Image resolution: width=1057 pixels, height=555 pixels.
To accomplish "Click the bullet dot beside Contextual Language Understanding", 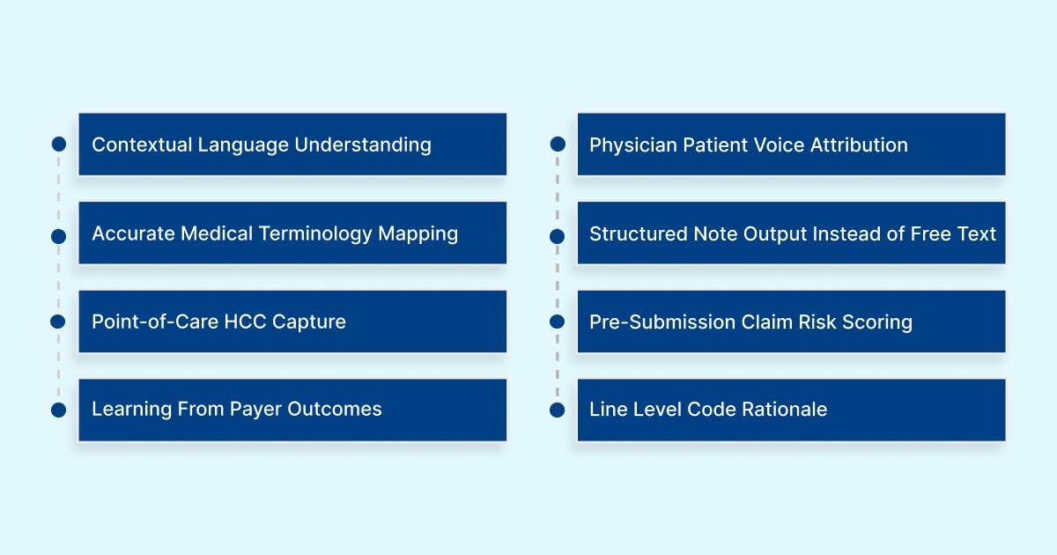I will pyautogui.click(x=59, y=144).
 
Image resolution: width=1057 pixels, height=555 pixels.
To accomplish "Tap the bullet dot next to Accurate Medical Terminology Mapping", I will pyautogui.click(x=59, y=236).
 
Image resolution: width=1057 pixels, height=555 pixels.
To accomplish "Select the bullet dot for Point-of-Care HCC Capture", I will pyautogui.click(x=59, y=322).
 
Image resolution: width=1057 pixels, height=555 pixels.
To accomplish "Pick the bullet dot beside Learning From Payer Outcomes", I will pyautogui.click(x=59, y=410).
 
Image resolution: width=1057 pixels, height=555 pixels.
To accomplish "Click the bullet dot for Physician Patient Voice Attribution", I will pyautogui.click(x=557, y=144).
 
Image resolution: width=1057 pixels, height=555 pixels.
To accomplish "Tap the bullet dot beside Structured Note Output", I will pyautogui.click(x=557, y=236).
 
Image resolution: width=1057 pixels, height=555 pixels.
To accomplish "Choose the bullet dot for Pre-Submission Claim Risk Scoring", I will pyautogui.click(x=557, y=322).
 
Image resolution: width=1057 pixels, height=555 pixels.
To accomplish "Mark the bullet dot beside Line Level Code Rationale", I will pyautogui.click(x=557, y=410).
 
